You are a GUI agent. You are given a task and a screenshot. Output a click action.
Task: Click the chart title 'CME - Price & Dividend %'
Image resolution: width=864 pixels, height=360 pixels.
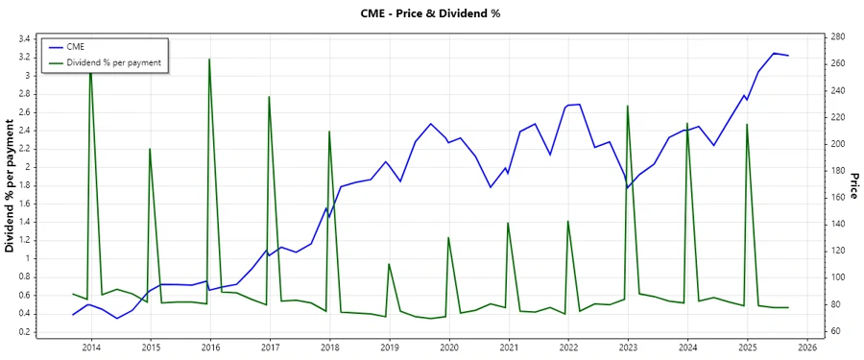[431, 13]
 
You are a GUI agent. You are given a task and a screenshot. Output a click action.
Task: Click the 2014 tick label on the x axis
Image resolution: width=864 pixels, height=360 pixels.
[90, 348]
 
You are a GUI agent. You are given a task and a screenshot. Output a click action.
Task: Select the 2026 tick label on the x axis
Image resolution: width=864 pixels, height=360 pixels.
[806, 348]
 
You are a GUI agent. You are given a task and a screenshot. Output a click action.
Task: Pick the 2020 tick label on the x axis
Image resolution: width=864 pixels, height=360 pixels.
[448, 348]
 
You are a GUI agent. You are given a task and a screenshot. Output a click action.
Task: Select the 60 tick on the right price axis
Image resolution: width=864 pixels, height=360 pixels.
[835, 331]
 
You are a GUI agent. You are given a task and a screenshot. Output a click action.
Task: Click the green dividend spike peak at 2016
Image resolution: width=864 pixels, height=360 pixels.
[209, 60]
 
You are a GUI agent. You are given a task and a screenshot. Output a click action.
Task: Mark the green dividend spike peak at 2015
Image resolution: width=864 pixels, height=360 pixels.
[150, 149]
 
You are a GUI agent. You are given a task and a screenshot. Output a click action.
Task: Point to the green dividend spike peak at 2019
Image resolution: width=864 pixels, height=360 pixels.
[389, 264]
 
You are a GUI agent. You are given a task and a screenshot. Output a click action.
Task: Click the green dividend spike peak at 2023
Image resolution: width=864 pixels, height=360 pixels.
[627, 106]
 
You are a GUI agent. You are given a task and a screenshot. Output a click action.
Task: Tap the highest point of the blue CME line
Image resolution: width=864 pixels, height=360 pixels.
[774, 53]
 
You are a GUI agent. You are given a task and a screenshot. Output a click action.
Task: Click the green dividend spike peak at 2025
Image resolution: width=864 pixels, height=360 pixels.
[747, 124]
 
